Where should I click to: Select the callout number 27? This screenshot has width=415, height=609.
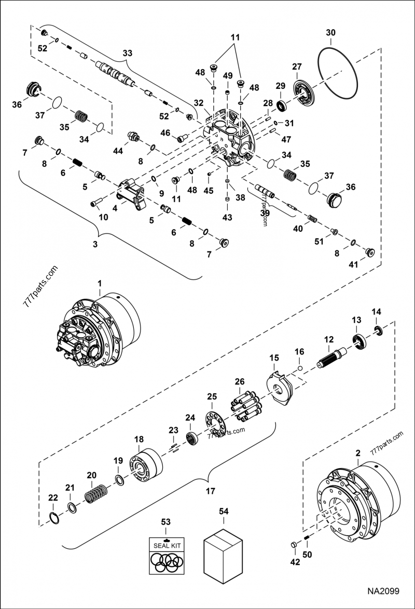coord(296,67)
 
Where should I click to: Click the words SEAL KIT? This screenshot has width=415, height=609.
coord(165,545)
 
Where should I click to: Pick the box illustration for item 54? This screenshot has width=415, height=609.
coord(223,554)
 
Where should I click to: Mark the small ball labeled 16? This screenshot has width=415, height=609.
coord(300,369)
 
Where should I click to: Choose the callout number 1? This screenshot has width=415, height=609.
coord(100,282)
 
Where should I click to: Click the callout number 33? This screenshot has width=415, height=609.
coord(127,53)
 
